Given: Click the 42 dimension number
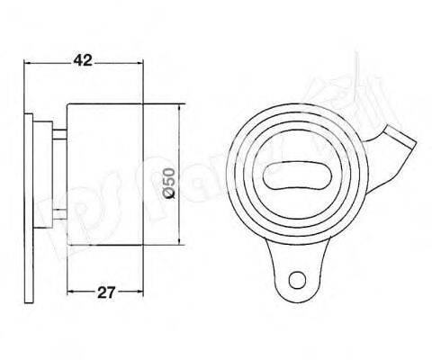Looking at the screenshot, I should point(83,61).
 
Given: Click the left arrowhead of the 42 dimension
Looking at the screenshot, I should point(28,64).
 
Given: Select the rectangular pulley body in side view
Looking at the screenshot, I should point(106,175).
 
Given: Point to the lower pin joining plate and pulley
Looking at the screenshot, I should point(59,216).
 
